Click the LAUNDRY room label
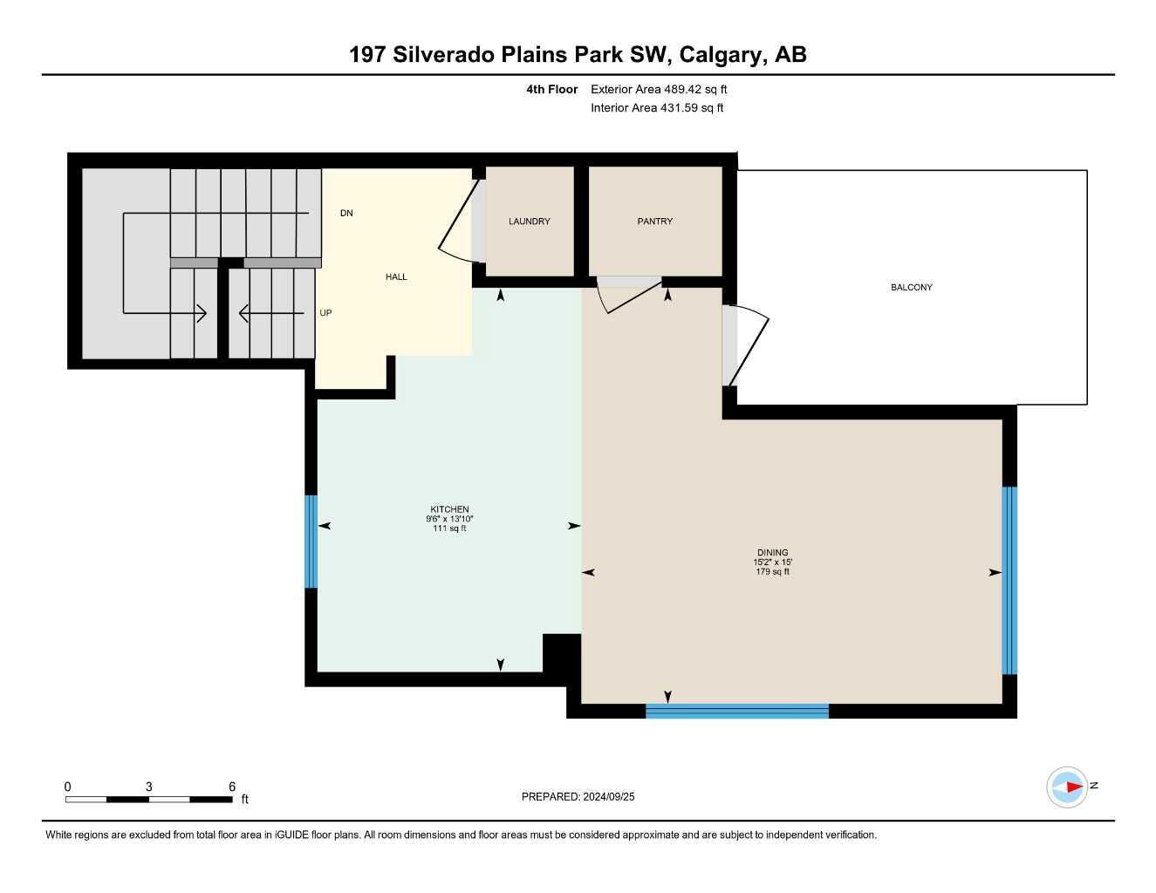click(529, 222)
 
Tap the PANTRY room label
click(655, 222)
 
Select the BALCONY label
click(912, 287)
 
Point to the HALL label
click(396, 276)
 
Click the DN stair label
click(346, 213)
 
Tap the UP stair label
click(325, 312)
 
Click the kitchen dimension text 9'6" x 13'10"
click(449, 519)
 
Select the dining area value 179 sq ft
click(772, 571)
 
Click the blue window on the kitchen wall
click(311, 542)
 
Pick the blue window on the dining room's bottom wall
click(737, 712)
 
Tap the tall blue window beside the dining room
click(1009, 581)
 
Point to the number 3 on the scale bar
click(149, 786)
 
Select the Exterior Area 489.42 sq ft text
click(659, 89)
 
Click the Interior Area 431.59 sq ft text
click(657, 108)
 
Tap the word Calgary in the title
click(721, 55)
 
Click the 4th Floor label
click(551, 89)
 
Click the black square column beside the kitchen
click(561, 652)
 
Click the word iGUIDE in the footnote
click(291, 835)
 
